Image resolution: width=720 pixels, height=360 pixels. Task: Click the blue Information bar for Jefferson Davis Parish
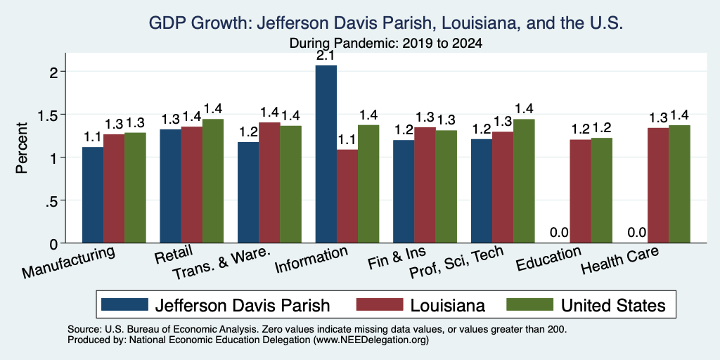pyautogui.click(x=326, y=154)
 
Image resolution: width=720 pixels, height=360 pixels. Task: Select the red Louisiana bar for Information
pyautogui.click(x=347, y=196)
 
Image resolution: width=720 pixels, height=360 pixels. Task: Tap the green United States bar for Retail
pyautogui.click(x=213, y=181)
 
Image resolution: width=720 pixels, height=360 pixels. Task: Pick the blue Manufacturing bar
pyautogui.click(x=93, y=195)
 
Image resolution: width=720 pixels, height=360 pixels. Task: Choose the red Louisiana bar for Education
pyautogui.click(x=580, y=191)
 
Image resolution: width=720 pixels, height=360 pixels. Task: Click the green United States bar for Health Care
pyautogui.click(x=680, y=184)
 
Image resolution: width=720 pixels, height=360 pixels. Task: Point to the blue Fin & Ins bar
pyautogui.click(x=404, y=191)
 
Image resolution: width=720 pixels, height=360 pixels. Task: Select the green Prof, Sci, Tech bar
pyautogui.click(x=524, y=181)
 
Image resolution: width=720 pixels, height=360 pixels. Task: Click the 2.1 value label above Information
pyautogui.click(x=326, y=56)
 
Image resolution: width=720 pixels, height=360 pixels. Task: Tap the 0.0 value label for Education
pyautogui.click(x=559, y=233)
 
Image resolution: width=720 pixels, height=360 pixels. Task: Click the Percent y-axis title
pyautogui.click(x=22, y=148)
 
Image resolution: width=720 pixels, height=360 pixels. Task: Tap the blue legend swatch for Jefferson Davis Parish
pyautogui.click(x=125, y=304)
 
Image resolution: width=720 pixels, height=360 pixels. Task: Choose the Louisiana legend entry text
pyautogui.click(x=448, y=305)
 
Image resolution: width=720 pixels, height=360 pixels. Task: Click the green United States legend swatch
pyautogui.click(x=529, y=304)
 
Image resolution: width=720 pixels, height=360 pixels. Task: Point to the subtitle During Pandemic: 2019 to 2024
pyautogui.click(x=386, y=44)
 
